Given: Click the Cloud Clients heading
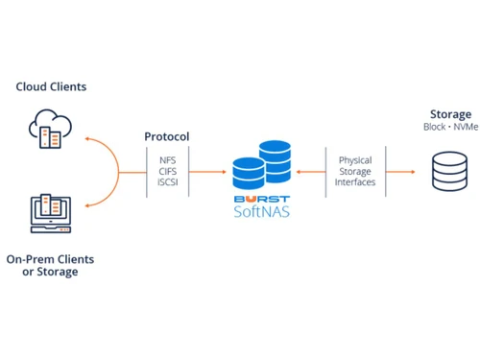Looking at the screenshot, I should coord(51,86).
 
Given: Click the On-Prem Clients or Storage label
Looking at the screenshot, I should coord(42,265).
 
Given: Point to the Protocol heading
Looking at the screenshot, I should coord(167,137).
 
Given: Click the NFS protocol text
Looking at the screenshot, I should coord(168,159).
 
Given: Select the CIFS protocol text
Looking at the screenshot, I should coord(168,172).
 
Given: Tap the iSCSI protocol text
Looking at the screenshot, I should coord(168,183).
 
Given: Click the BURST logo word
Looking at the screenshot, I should coord(261,200).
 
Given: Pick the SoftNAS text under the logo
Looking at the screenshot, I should coord(261,212).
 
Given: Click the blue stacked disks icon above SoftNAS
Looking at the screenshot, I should coord(261,165).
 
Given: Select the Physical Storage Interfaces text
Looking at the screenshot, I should coord(355,172).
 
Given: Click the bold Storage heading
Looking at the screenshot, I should coord(450,115).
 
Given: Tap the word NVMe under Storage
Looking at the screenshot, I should coord(463,128).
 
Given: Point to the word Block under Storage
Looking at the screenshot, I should coord(436,128).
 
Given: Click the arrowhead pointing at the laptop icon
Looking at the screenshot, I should coord(88,205).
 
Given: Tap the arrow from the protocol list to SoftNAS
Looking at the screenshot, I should coord(205,172).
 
